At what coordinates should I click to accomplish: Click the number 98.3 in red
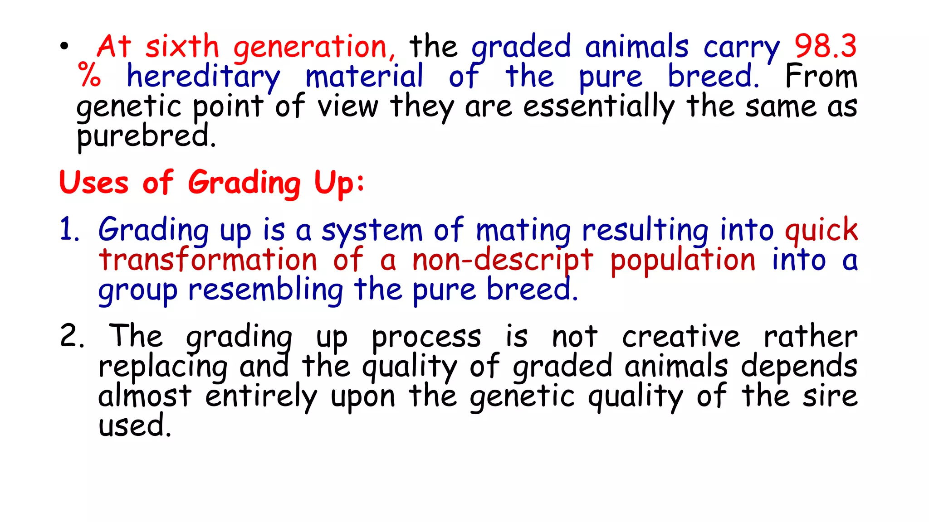(x=825, y=46)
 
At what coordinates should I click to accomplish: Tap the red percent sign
(x=89, y=75)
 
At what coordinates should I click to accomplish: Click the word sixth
(x=182, y=46)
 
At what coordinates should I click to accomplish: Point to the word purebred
(x=146, y=136)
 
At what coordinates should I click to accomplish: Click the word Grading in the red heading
(x=244, y=183)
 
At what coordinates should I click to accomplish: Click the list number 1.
(x=69, y=229)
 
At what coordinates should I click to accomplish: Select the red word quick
(x=821, y=230)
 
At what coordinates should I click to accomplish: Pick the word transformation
(x=208, y=260)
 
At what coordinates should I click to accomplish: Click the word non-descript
(x=503, y=261)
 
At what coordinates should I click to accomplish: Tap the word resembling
(x=266, y=290)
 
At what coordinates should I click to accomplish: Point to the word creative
(x=681, y=337)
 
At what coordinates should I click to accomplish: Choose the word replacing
(x=163, y=367)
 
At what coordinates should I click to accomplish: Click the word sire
(x=830, y=396)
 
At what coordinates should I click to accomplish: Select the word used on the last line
(x=134, y=426)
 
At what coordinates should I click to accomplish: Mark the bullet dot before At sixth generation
(x=64, y=46)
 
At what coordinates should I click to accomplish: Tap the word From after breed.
(x=821, y=76)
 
